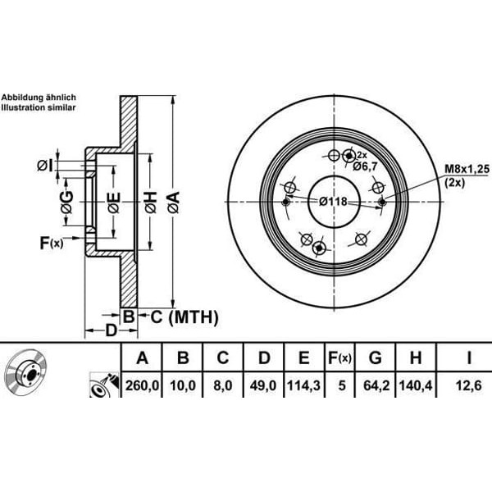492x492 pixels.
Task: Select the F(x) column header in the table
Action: click(x=339, y=358)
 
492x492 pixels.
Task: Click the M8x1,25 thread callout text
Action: click(x=467, y=169)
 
